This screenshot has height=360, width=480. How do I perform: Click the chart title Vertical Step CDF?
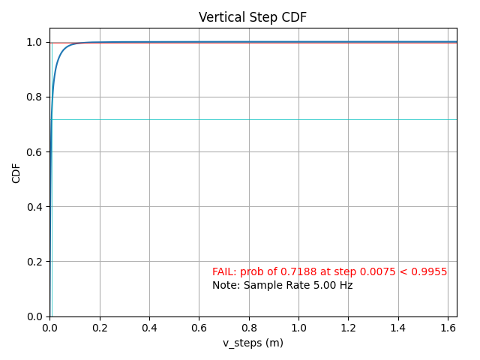253,17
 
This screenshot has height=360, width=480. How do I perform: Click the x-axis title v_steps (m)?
253,343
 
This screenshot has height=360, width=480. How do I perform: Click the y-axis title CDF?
16,172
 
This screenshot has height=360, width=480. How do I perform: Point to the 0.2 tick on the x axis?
100,328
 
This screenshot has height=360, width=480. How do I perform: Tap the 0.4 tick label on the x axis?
149,328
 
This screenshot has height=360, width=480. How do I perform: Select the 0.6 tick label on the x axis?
199,328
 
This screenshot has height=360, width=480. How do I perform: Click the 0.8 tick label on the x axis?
249,328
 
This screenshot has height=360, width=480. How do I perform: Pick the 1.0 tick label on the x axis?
298,328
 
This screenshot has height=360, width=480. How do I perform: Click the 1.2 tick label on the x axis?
348,328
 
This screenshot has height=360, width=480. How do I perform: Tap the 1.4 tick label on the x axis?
398,328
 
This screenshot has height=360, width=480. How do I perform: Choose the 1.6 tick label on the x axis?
448,328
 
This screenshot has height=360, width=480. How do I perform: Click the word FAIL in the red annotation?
223,271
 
